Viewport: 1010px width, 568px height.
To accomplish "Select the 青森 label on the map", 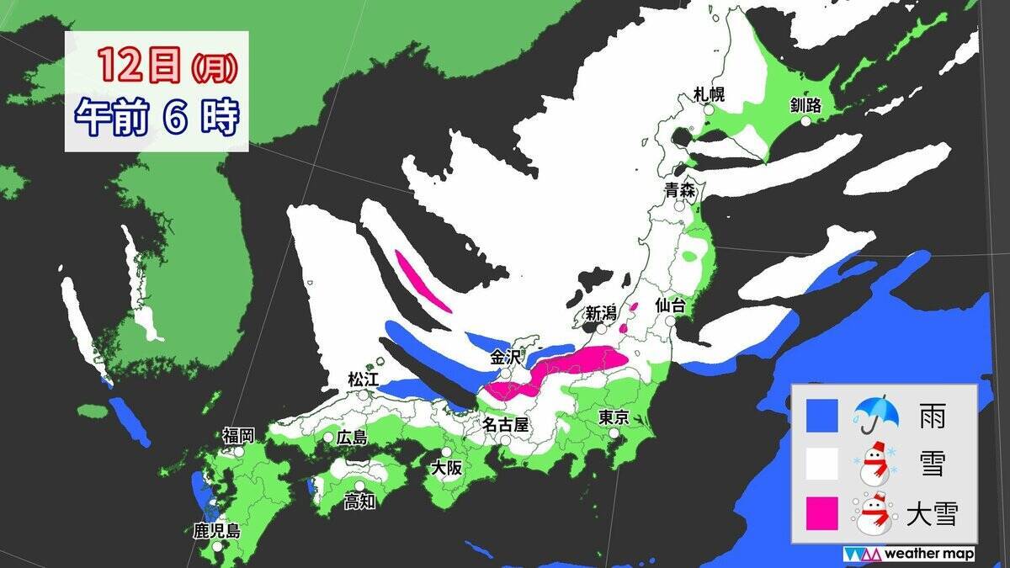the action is (x=679, y=190).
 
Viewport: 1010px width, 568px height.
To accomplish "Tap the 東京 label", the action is (x=614, y=417).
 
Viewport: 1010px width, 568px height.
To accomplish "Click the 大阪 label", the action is (x=446, y=469).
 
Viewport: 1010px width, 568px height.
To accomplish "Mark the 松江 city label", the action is (x=364, y=380).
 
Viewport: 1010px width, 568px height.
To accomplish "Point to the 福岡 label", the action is (x=238, y=435).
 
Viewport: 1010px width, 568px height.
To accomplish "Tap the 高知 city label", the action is (x=359, y=502).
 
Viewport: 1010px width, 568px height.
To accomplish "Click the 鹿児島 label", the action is (x=216, y=531).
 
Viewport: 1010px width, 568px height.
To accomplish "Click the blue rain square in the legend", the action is (x=821, y=415).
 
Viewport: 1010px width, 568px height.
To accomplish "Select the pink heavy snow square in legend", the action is (x=821, y=513).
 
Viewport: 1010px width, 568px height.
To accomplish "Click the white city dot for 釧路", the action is (x=805, y=121).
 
